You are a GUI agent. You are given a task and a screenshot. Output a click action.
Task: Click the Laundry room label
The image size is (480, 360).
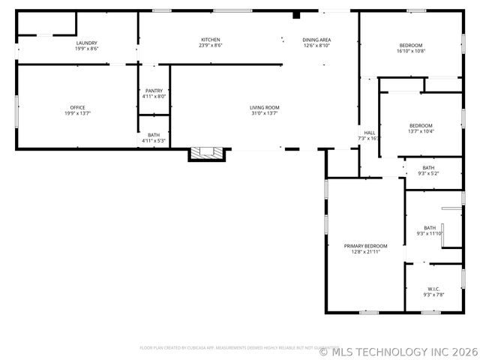(x=86, y=43)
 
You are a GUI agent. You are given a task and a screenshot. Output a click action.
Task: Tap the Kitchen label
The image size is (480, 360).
(x=211, y=40)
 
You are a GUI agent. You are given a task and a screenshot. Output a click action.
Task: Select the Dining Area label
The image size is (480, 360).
(x=316, y=40)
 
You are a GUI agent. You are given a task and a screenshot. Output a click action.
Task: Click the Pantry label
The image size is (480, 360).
(x=154, y=91)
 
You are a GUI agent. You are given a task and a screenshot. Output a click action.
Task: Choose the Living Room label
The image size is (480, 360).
(x=265, y=108)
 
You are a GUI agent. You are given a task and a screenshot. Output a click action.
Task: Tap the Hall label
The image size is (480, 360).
(x=369, y=133)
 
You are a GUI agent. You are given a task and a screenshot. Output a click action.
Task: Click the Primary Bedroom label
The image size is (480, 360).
(x=365, y=246)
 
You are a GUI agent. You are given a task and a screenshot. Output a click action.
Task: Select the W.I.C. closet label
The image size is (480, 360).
(x=433, y=289)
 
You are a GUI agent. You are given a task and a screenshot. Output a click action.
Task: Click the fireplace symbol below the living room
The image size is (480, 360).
(x=205, y=153)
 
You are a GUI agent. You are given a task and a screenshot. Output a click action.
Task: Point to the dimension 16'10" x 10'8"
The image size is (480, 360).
(x=410, y=51)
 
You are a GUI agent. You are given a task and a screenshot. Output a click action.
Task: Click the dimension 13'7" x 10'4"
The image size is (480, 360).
(x=421, y=131)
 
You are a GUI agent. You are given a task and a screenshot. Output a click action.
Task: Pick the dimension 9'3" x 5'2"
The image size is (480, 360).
(x=428, y=173)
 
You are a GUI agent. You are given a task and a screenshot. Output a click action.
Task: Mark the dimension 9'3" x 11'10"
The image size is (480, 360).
(x=430, y=233)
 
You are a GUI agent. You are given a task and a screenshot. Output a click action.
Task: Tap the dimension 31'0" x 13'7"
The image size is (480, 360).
(x=265, y=113)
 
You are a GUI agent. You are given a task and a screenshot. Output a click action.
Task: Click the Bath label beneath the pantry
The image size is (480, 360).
(x=154, y=135)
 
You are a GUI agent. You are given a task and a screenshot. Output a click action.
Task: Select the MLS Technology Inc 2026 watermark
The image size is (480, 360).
(x=398, y=350)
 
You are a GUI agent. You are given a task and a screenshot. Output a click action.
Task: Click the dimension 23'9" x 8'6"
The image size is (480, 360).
(x=211, y=45)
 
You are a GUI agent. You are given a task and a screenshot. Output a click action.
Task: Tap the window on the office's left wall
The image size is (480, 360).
(x=16, y=110)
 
